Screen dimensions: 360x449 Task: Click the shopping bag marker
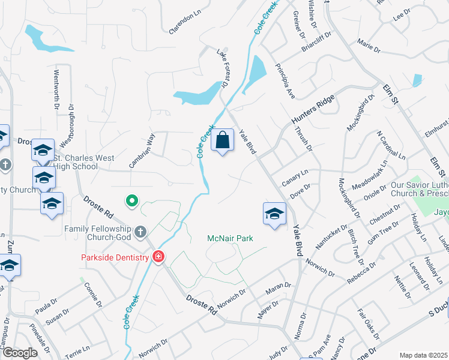223,140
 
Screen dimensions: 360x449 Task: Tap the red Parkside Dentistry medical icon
158,257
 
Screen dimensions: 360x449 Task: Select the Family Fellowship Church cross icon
140,231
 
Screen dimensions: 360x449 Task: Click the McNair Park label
230,238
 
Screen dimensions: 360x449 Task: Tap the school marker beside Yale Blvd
274,214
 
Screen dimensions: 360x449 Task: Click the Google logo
20,353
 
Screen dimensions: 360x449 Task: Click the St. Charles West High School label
76,162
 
